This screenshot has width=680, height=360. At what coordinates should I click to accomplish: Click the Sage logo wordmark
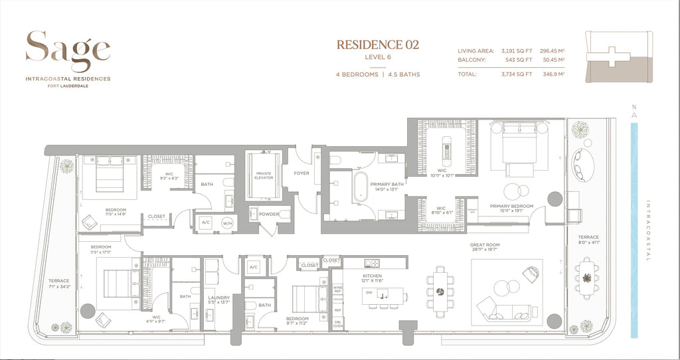tap(68, 50)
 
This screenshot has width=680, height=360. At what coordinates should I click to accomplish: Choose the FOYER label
tap(301, 173)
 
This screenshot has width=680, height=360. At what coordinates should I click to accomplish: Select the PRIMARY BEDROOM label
tap(512, 205)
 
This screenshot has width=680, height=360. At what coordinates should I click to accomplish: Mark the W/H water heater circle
tap(226, 223)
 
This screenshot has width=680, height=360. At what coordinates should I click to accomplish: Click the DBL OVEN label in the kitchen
tap(337, 323)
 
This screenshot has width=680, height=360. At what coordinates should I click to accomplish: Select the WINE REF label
tap(337, 289)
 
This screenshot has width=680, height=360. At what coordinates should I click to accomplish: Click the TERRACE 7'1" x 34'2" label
tap(58, 284)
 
